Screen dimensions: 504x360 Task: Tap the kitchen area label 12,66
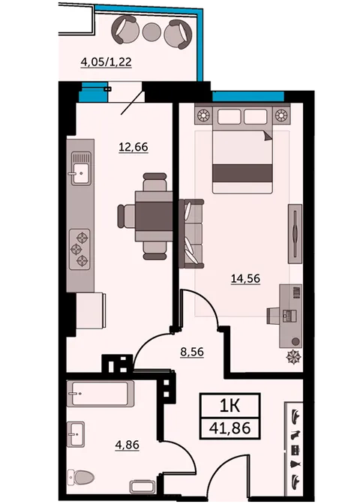(x=133, y=147)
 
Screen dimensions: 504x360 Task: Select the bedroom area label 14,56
(x=245, y=279)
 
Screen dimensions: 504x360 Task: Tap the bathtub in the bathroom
(x=100, y=392)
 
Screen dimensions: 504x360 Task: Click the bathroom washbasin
(x=77, y=433)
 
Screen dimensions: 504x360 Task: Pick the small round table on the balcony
(x=152, y=32)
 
